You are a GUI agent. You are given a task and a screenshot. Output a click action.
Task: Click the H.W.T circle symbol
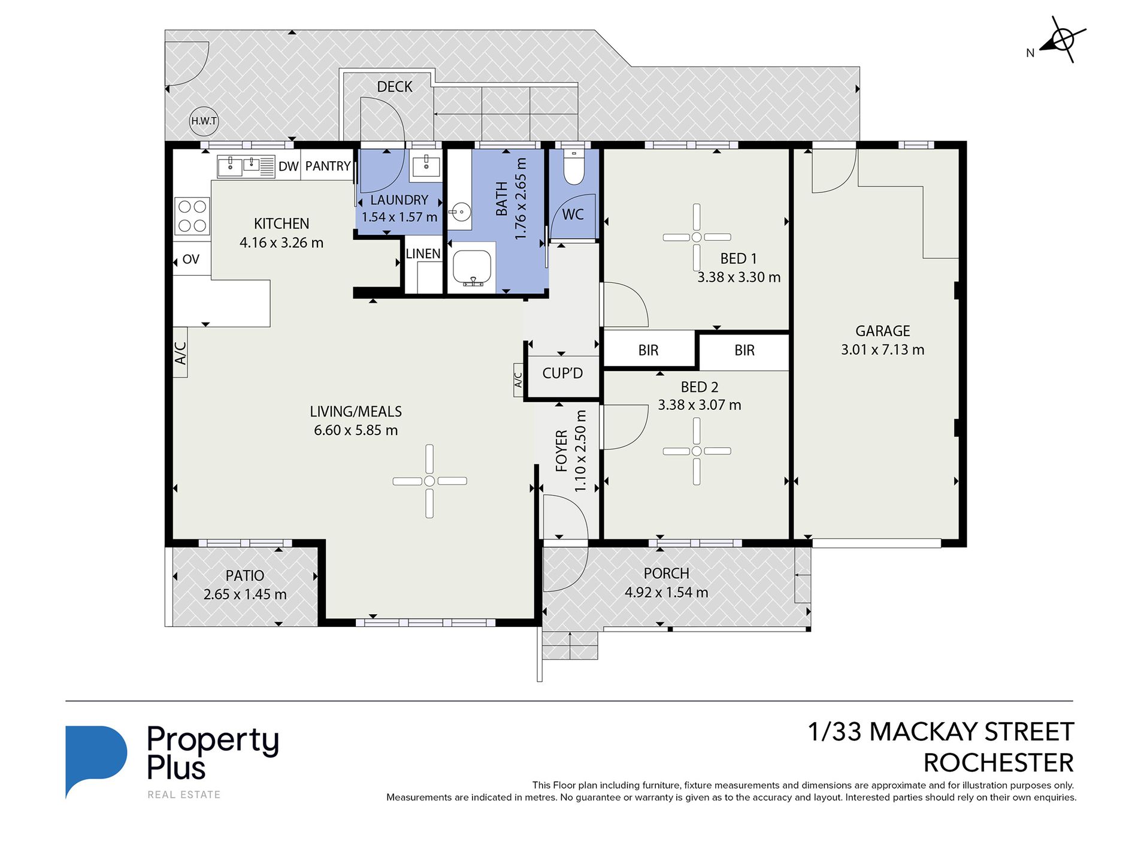[x=204, y=121]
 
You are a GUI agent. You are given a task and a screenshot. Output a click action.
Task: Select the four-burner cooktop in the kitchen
[x=192, y=216]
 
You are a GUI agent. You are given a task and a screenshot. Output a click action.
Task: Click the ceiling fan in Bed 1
[x=697, y=237]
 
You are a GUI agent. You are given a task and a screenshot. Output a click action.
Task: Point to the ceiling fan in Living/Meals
[x=429, y=481]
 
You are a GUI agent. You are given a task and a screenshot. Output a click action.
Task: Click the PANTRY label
[x=328, y=166]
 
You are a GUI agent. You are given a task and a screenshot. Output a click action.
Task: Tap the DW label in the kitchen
[x=288, y=167]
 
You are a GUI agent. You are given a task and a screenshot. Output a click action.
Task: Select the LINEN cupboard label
[x=423, y=254]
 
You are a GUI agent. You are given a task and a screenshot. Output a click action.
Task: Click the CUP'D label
[x=562, y=373]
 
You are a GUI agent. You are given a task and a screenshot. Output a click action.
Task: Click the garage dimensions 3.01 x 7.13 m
[x=882, y=350]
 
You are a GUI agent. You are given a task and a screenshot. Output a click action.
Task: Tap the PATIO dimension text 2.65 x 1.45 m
[x=245, y=595]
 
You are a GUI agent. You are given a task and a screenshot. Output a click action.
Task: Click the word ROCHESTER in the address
[x=998, y=763]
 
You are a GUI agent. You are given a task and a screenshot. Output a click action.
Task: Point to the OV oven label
[x=190, y=259]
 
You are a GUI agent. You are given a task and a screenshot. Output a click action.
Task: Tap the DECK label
[x=395, y=87]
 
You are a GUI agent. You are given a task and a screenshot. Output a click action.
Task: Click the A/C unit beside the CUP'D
[x=519, y=380]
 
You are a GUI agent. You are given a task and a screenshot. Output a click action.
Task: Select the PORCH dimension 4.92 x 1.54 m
[x=666, y=593]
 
